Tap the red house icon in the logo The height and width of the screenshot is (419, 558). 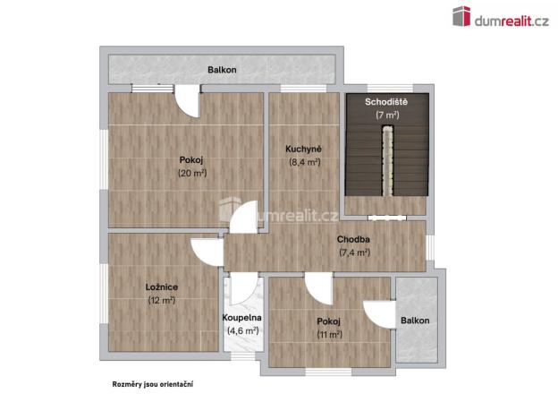(x=461, y=16)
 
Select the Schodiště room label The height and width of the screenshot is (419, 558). (x=386, y=102)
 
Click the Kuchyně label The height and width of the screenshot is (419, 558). (x=304, y=149)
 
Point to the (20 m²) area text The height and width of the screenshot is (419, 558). (x=192, y=173)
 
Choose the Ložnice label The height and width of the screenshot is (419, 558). (x=161, y=286)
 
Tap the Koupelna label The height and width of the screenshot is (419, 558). (x=241, y=318)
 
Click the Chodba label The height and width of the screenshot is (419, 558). (x=354, y=240)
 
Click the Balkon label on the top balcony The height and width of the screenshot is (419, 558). (x=222, y=69)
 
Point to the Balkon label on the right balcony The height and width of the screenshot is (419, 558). (x=415, y=321)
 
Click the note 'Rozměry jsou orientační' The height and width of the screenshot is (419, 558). (x=152, y=383)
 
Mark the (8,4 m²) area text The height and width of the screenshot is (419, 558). (x=304, y=162)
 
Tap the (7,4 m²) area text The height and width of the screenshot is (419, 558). (x=354, y=252)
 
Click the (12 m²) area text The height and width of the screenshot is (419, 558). (x=161, y=300)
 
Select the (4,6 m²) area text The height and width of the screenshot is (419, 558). (x=241, y=330)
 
